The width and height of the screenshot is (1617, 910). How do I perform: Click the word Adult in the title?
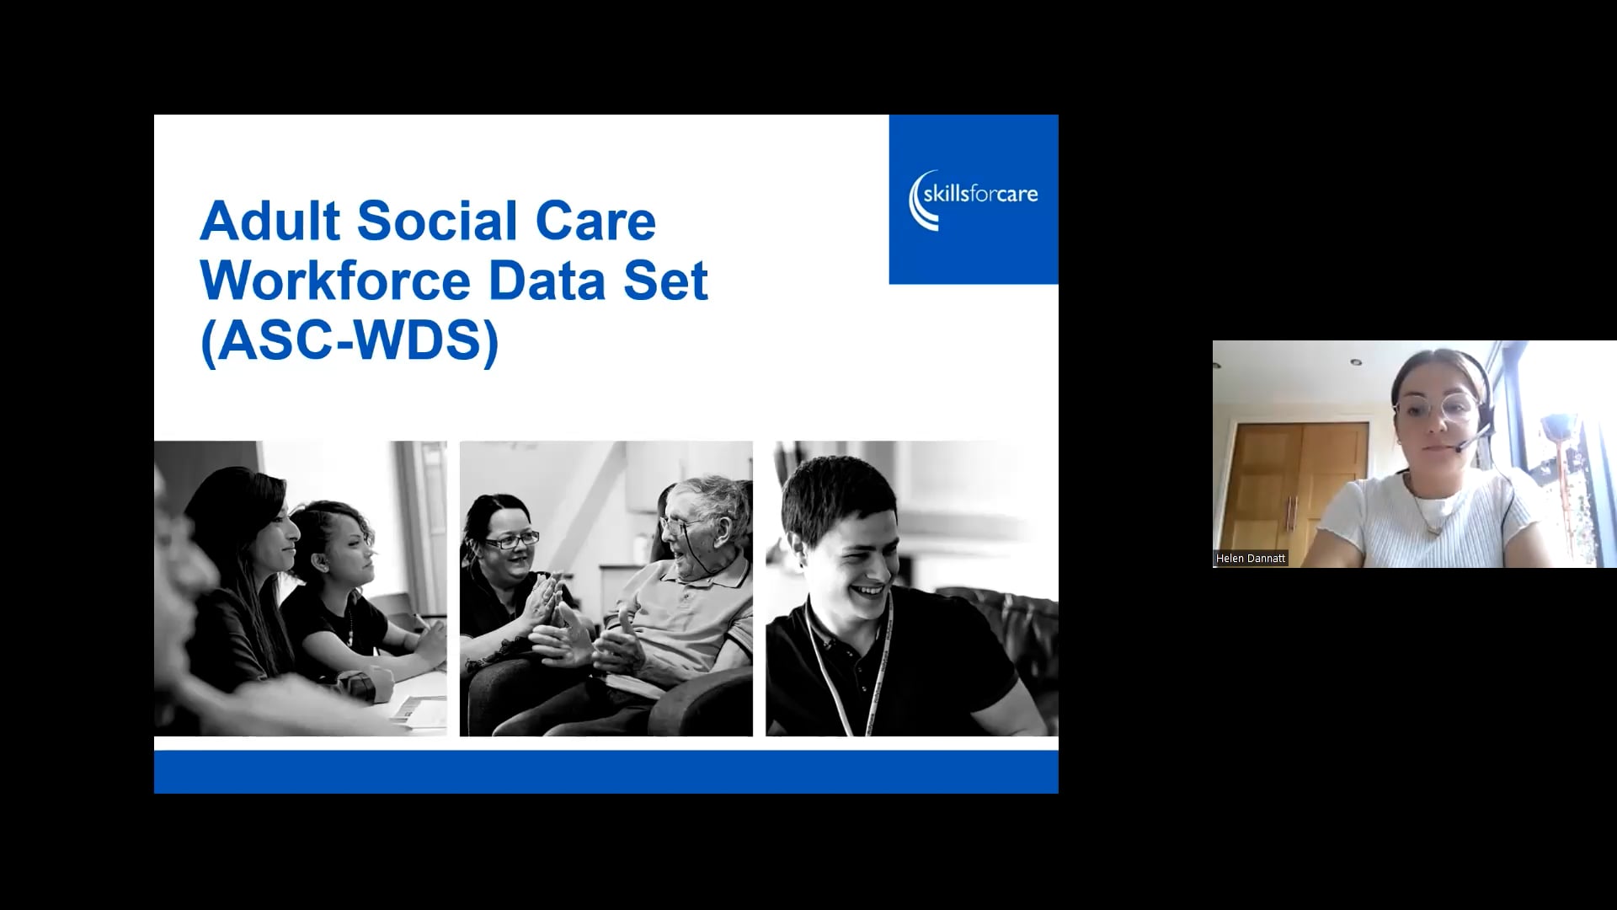[269, 221]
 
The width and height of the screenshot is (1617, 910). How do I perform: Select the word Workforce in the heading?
[336, 281]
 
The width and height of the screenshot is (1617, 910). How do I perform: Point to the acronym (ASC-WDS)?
[350, 341]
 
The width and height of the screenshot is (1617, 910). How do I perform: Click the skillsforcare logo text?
[979, 195]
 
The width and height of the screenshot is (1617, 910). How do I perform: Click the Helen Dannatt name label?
[1251, 559]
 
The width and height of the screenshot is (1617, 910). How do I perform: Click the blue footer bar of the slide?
[606, 771]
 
